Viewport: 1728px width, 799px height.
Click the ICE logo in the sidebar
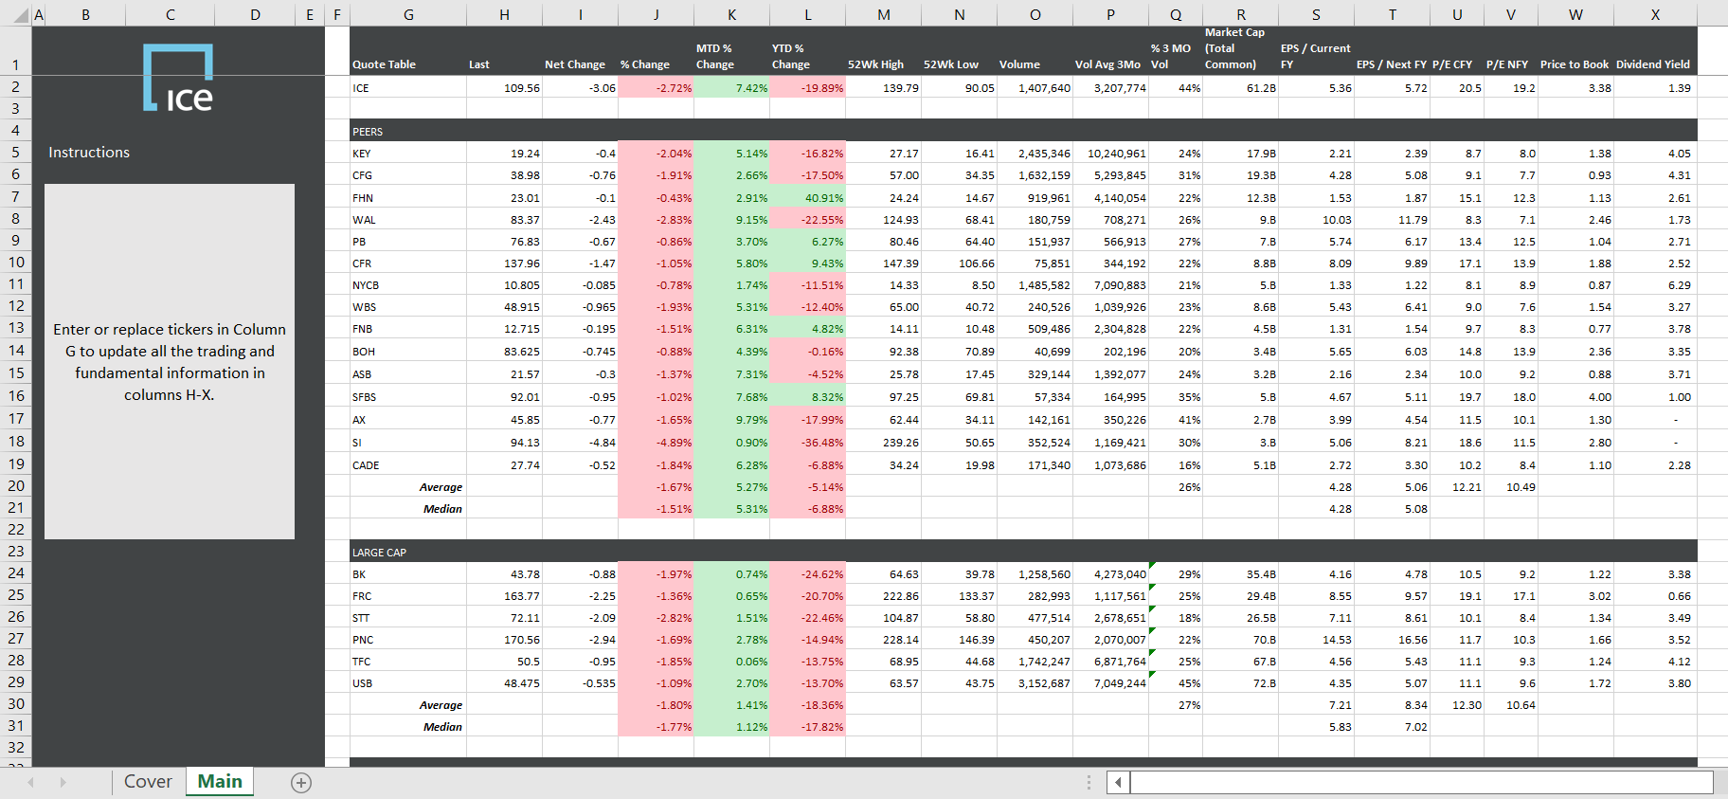pyautogui.click(x=178, y=79)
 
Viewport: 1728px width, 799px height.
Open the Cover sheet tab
pyautogui.click(x=148, y=782)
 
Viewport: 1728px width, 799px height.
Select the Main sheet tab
pyautogui.click(x=220, y=782)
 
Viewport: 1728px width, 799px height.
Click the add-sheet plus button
pyautogui.click(x=301, y=783)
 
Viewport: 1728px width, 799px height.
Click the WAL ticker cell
pyautogui.click(x=365, y=220)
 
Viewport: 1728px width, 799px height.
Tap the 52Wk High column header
pyautogui.click(x=875, y=64)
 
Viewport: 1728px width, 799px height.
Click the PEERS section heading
pyautogui.click(x=368, y=132)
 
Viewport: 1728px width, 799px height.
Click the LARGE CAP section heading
pyautogui.click(x=379, y=553)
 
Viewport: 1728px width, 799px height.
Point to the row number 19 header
pyautogui.click(x=16, y=464)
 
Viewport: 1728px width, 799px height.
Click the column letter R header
pyautogui.click(x=1240, y=14)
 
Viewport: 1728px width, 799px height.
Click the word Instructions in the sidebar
pyautogui.click(x=89, y=153)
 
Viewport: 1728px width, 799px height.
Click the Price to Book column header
pyautogui.click(x=1574, y=64)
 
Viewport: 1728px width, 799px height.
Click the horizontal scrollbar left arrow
pyautogui.click(x=1118, y=783)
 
